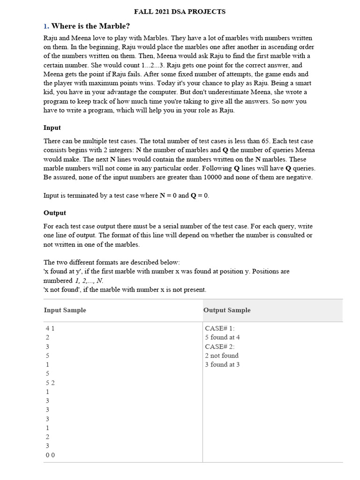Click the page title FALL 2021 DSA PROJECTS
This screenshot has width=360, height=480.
coord(180,12)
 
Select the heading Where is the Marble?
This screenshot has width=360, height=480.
coord(90,26)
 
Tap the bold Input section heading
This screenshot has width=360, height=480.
coord(52,127)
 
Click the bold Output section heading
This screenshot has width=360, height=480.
coord(55,213)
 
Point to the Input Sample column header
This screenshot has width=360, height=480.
coord(65,310)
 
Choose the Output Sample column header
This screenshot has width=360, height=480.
coord(227,310)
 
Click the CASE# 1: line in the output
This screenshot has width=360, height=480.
coord(220,329)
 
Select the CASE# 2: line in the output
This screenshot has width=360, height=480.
coord(220,346)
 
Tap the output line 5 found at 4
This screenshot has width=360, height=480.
coord(222,337)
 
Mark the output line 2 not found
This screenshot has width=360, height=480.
coord(222,355)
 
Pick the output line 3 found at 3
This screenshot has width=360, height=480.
coord(222,365)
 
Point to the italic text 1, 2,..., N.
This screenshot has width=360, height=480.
coord(87,280)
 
